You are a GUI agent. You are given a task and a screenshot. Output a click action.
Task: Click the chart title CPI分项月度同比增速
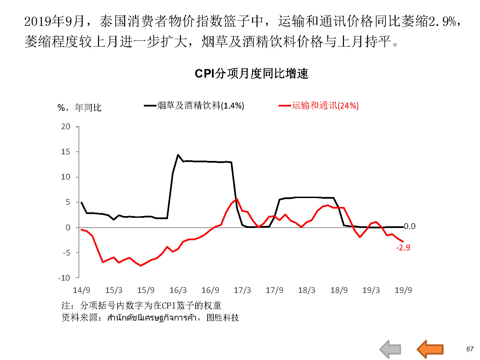click(251, 73)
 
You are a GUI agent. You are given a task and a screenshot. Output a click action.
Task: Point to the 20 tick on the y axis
click(66, 127)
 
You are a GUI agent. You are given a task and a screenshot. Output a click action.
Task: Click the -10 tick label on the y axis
click(64, 278)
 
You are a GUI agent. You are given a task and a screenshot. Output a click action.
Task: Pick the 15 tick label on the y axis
click(66, 152)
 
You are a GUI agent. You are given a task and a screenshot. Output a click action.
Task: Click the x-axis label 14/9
click(81, 290)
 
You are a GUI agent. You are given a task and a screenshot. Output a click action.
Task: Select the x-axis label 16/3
click(178, 290)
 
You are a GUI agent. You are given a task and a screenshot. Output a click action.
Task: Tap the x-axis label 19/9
click(403, 290)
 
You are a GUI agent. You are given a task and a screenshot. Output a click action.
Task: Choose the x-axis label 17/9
click(275, 290)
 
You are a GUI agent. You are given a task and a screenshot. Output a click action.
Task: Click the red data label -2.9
click(403, 248)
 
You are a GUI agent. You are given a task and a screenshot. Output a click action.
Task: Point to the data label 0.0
click(410, 226)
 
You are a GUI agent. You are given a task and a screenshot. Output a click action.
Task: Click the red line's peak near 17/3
click(237, 199)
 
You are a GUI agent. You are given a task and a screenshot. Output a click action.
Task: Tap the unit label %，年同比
click(80, 108)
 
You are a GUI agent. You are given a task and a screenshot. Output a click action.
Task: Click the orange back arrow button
click(430, 349)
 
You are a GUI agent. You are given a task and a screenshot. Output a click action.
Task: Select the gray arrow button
click(390, 349)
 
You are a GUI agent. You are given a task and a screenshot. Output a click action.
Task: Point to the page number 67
click(470, 349)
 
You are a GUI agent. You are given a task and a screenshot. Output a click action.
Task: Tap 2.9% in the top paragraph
click(442, 21)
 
